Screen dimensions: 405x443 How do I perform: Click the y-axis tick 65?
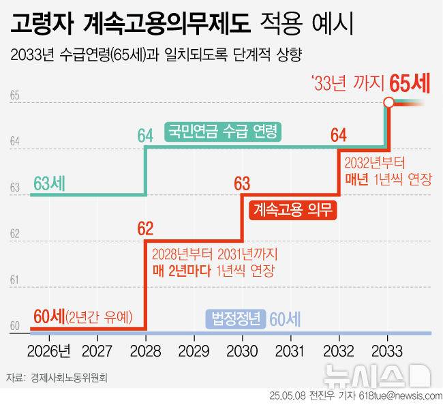coord(14,96)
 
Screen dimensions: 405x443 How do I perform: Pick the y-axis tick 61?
coord(14,280)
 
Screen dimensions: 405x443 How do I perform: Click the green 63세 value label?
coord(49,183)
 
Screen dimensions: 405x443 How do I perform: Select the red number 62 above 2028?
coord(145,228)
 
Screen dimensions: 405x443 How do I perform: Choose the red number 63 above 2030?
coord(242,182)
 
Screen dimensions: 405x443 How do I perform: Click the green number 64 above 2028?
coord(145,135)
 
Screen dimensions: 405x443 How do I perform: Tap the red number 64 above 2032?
coord(339,135)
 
